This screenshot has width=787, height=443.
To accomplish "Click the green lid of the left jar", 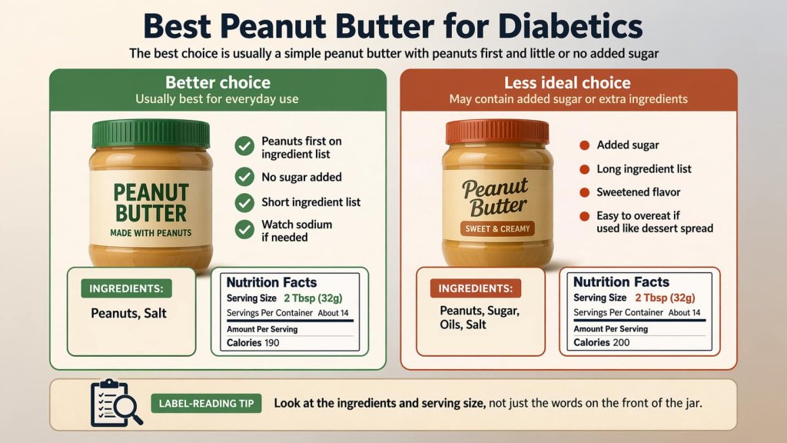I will coord(151,133).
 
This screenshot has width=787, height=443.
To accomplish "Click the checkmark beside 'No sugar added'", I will coord(244,177).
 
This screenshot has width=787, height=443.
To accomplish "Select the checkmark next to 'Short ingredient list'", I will coord(244,202).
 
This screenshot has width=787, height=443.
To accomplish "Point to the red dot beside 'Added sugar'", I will coord(583,145).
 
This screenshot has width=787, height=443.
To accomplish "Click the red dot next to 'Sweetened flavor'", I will coord(583,192).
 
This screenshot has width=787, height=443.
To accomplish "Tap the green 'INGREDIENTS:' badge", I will coord(126,288).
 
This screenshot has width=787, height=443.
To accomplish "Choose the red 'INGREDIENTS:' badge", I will coord(476,288).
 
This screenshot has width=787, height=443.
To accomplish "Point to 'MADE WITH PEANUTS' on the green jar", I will coord(150,232).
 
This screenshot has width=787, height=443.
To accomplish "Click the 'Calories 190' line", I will coord(253,342).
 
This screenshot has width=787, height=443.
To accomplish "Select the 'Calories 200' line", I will coord(601,342).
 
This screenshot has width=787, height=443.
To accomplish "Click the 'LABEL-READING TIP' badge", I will coord(207,403).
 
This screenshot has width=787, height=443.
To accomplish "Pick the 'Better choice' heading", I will coord(218,82).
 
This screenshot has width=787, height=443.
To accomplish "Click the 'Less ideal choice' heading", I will coord(567,83).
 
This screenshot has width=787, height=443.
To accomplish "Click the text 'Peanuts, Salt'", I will coord(128,314).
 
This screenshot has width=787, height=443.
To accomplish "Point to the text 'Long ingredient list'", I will coord(644,169).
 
